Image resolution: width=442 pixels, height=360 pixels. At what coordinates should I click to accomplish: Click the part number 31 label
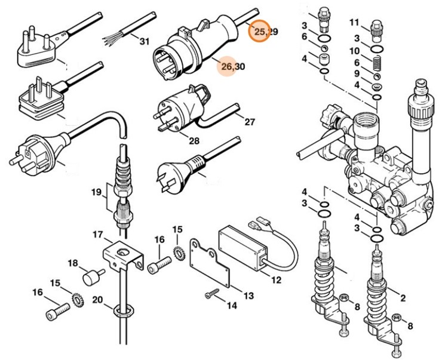pos(144,41)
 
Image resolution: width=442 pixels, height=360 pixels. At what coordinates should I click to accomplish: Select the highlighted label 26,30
pos(232,66)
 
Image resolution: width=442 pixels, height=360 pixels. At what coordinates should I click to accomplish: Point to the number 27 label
pos(249,122)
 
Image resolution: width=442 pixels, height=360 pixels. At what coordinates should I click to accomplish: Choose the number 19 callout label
pos(96,192)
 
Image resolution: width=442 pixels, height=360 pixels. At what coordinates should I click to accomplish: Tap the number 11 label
pos(354,23)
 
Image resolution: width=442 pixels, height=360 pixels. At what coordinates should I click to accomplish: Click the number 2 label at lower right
pos(403,298)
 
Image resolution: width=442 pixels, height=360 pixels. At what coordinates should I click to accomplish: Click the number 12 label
pos(276,280)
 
